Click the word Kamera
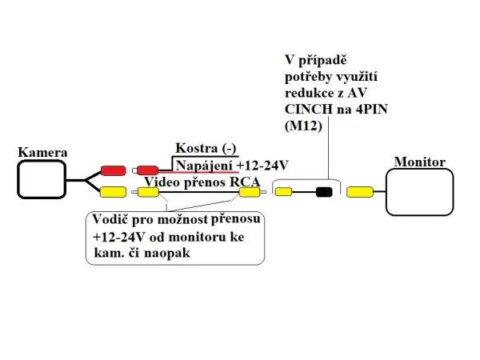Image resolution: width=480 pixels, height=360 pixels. pos(42,152)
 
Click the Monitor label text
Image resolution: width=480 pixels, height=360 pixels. pos(419,162)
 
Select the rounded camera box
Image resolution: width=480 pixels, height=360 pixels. pos(42,179)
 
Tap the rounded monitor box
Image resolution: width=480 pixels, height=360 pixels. pos(420,192)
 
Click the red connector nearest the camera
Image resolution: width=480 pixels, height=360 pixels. pos(113,170)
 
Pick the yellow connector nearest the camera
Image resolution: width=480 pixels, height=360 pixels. pos(113,192)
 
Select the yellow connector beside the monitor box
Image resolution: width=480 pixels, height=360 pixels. pos(360,192)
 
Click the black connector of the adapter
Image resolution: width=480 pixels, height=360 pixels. pos(324,192)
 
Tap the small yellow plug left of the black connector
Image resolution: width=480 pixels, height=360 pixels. pos(283,192)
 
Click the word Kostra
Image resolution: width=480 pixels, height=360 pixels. pos(194,149)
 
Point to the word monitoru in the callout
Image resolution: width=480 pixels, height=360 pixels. pos(194,237)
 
